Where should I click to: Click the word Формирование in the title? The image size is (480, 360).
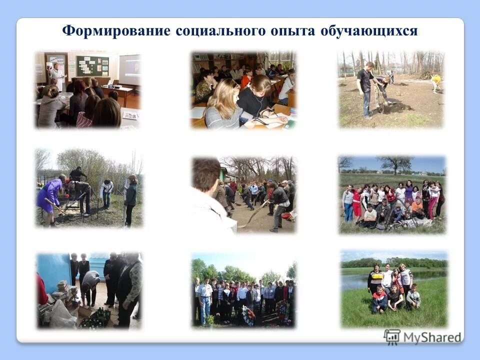pos(116,31)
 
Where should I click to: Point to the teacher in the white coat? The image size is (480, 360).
pos(57,75)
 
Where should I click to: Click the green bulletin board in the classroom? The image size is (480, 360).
pos(92,66)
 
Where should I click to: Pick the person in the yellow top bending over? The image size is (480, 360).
pos(437,81)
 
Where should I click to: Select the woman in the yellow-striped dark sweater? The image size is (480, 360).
pos(375,279)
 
